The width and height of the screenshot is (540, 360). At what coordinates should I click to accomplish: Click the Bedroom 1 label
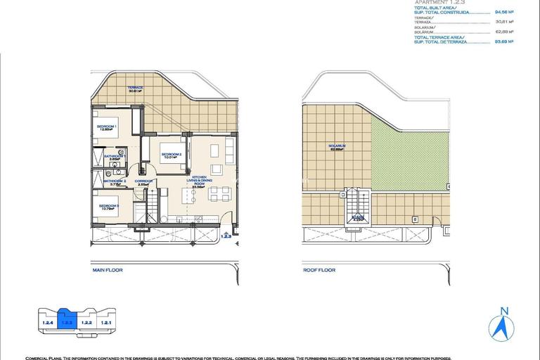[106, 127]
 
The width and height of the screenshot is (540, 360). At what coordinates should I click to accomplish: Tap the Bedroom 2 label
[172, 155]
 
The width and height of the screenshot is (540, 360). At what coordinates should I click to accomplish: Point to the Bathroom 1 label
[115, 157]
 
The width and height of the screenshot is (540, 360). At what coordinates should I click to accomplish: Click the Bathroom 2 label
[115, 182]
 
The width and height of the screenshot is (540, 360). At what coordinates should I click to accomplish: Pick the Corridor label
[143, 182]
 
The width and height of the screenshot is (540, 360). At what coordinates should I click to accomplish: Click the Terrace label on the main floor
[135, 89]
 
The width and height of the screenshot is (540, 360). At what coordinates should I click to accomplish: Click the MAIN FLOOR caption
[108, 270]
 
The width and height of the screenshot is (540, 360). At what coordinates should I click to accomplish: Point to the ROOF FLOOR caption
[319, 270]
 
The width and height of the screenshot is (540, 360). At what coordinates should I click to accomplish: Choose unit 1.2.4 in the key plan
[48, 323]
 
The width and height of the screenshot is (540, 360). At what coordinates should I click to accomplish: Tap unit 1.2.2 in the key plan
[87, 323]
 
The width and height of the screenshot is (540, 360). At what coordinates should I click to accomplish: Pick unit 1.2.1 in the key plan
[106, 323]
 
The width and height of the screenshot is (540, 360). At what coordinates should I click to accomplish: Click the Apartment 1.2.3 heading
[440, 3]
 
